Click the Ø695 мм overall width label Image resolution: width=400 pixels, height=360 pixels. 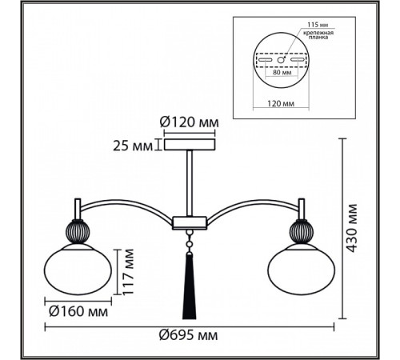(189, 335)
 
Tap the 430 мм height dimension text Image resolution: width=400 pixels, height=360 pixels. (352, 229)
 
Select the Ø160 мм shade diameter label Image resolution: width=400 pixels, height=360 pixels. (78, 311)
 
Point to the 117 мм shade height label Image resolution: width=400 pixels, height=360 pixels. (128, 272)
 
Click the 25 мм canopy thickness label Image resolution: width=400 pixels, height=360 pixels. (133, 146)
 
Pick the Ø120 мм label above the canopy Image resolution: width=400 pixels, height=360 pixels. (190, 122)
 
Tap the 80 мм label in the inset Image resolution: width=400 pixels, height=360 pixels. (282, 72)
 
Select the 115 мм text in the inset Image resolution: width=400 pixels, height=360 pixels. (318, 25)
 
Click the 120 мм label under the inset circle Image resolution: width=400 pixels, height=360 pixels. (281, 103)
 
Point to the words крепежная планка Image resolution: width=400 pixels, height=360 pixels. (318, 35)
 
